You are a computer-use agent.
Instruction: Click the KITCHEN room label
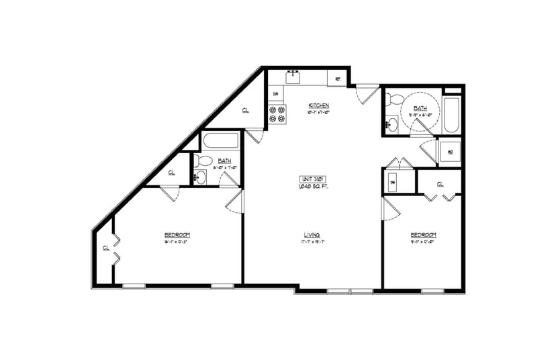click(318, 105)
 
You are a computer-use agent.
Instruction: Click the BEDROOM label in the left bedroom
click(177, 234)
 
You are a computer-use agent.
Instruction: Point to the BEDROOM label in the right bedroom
click(424, 234)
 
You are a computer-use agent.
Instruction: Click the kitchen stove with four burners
click(277, 114)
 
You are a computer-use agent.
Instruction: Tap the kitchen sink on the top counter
click(293, 77)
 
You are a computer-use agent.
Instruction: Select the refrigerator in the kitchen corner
click(338, 78)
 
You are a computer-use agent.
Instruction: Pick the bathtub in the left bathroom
click(220, 142)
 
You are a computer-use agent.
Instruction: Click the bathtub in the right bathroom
click(453, 115)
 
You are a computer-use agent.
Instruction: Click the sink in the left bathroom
click(200, 177)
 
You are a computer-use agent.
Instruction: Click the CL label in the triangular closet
click(245, 110)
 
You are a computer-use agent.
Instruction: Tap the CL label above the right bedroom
click(440, 183)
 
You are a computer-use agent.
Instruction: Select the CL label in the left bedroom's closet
click(106, 248)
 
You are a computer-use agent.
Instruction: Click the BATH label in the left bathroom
click(224, 161)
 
